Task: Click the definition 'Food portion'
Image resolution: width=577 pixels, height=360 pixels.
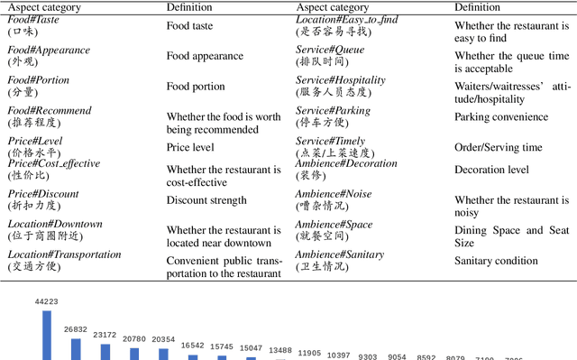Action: (x=196, y=87)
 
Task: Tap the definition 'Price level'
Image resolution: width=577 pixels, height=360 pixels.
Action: (x=190, y=147)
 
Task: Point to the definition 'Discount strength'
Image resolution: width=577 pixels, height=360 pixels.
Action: (x=206, y=200)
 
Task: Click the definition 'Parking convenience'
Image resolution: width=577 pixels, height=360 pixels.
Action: (x=500, y=117)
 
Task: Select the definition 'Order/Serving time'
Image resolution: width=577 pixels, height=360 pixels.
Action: (x=498, y=147)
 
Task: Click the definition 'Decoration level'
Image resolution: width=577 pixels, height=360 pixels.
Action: (x=491, y=169)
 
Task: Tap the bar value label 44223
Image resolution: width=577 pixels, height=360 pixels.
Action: (x=46, y=301)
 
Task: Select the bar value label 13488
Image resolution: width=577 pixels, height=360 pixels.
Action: (x=280, y=351)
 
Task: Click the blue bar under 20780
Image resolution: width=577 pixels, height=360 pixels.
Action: (x=133, y=353)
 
